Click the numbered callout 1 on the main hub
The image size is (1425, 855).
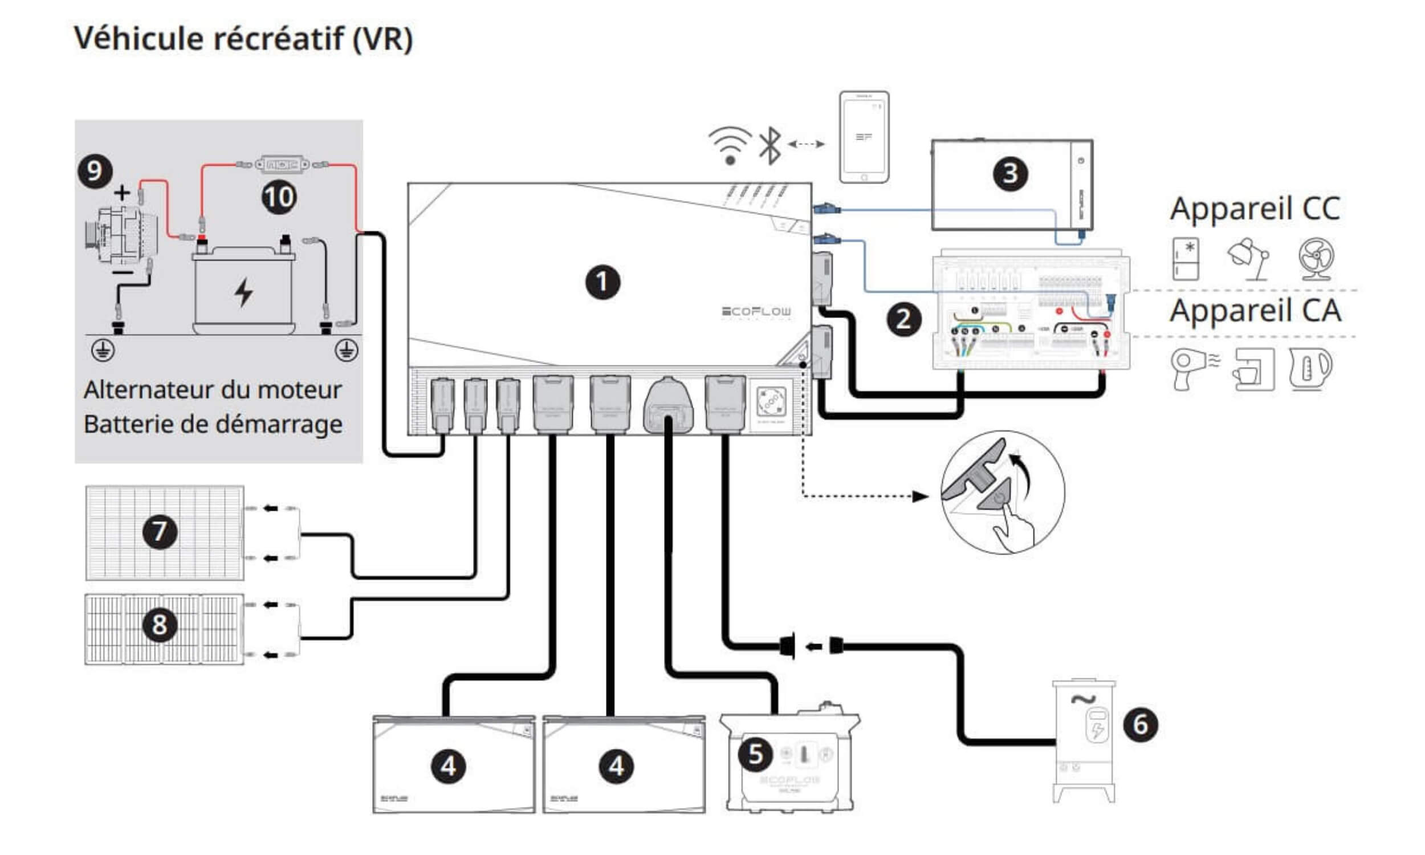pyautogui.click(x=602, y=282)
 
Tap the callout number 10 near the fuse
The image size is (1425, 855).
pyautogui.click(x=279, y=198)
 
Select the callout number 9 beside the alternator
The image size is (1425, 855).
pyautogui.click(x=95, y=171)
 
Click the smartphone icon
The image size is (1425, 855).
pyautogui.click(x=864, y=137)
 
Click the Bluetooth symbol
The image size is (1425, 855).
pyautogui.click(x=770, y=146)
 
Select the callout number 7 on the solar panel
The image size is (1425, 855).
pyautogui.click(x=160, y=531)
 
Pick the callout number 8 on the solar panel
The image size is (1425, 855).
pyautogui.click(x=160, y=624)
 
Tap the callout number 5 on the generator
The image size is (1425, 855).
pyautogui.click(x=756, y=754)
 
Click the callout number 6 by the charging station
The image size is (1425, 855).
pyautogui.click(x=1141, y=724)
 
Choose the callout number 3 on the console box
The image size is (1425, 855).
pyautogui.click(x=1010, y=173)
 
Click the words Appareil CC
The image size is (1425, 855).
pyautogui.click(x=1255, y=209)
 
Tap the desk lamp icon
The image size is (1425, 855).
pyautogui.click(x=1250, y=259)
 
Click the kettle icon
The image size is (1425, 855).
pyautogui.click(x=1310, y=369)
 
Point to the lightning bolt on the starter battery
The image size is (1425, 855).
pyautogui.click(x=243, y=292)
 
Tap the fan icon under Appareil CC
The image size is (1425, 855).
pyautogui.click(x=1316, y=259)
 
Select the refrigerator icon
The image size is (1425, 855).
pyautogui.click(x=1186, y=259)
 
